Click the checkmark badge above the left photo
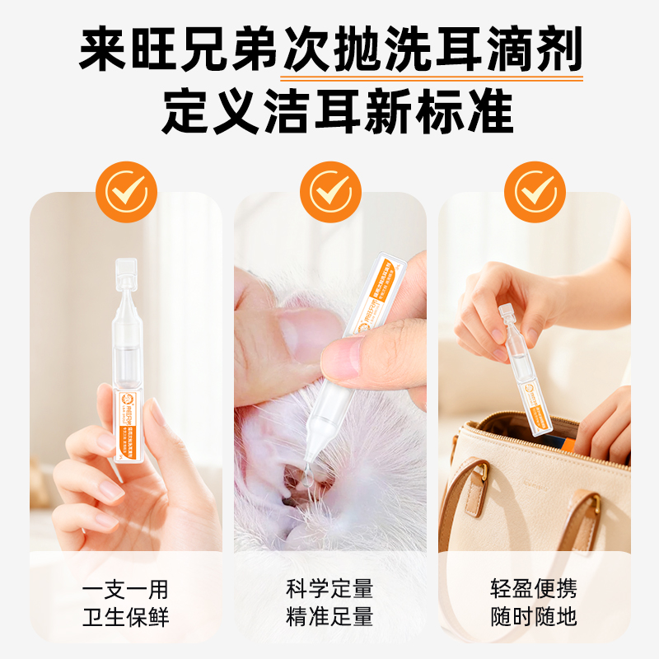126,192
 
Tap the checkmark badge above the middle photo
329,192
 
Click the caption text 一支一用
126,590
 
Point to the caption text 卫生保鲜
126,617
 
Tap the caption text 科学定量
329,590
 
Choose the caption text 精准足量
329,617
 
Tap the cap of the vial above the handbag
504,316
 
